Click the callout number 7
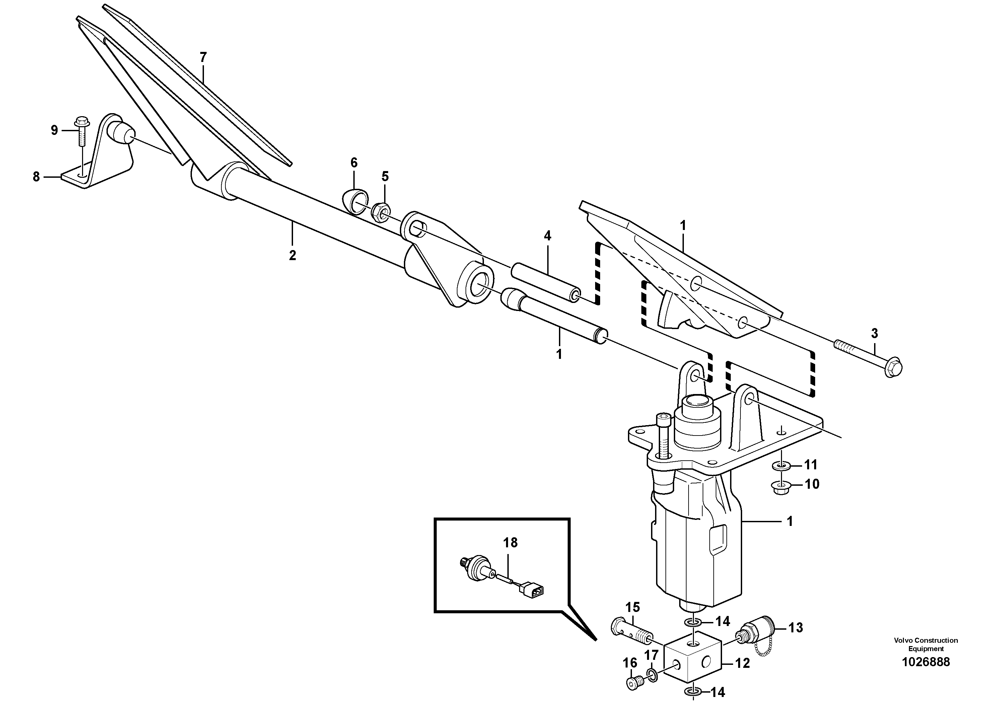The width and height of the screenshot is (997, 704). coord(203,57)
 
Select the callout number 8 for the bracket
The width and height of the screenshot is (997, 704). coord(37,177)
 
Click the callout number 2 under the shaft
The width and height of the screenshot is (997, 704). coord(292,255)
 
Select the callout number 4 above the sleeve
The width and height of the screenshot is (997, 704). coord(547,236)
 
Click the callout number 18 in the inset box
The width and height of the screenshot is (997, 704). coord(510,543)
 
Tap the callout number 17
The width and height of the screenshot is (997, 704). coord(651,655)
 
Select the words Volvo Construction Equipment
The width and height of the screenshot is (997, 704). coord(925,644)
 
